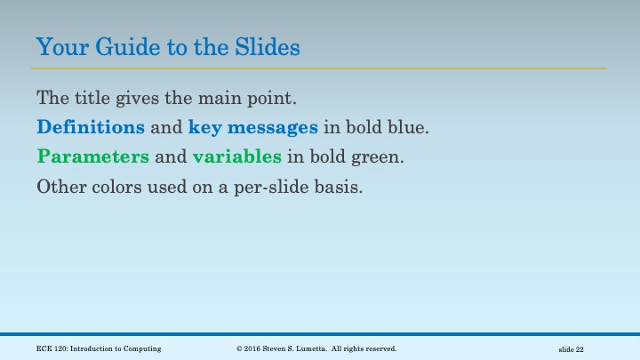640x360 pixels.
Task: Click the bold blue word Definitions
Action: [91, 127]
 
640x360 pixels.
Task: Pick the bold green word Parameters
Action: [92, 157]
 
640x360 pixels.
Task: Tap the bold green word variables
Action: [236, 157]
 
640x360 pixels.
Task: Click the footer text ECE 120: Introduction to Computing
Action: [99, 348]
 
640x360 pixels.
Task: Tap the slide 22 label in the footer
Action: [571, 349]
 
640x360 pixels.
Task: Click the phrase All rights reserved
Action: [365, 348]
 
